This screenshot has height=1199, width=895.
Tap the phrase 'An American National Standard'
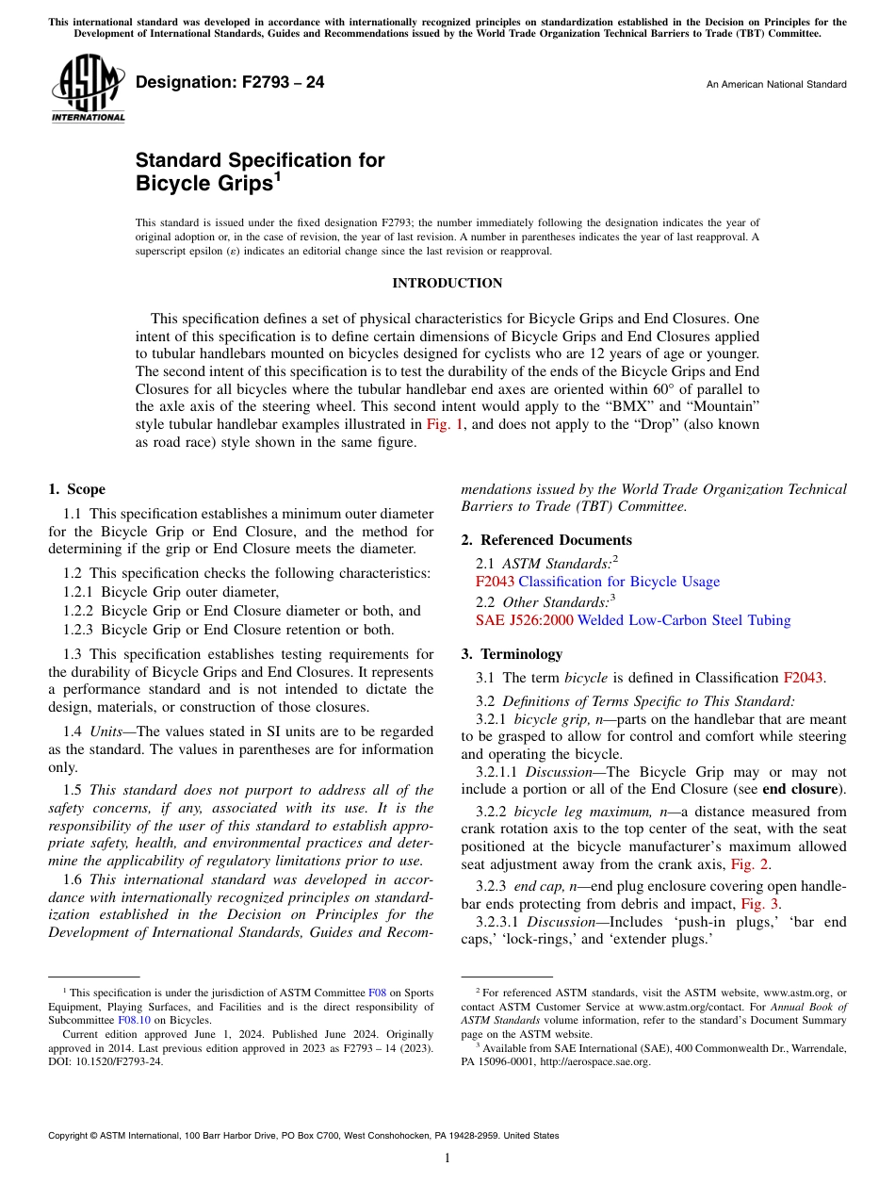tap(775, 85)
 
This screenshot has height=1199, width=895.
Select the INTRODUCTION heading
tap(447, 284)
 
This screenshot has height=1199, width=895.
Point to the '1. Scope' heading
tap(76, 489)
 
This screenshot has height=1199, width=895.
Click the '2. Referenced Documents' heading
tap(546, 540)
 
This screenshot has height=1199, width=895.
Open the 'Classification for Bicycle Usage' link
tap(619, 582)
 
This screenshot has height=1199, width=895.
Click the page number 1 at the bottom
tap(447, 1158)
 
